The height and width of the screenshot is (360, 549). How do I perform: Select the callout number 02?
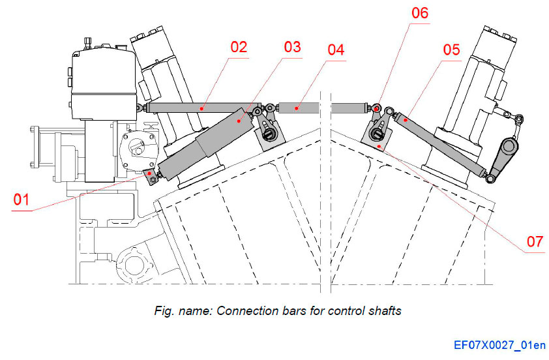[x=239, y=47]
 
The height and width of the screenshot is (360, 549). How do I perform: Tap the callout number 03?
[x=292, y=47]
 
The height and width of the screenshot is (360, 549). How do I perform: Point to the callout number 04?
[x=336, y=50]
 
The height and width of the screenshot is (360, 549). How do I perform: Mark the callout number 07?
[x=535, y=241]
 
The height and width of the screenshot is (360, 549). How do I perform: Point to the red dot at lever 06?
[x=378, y=109]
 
